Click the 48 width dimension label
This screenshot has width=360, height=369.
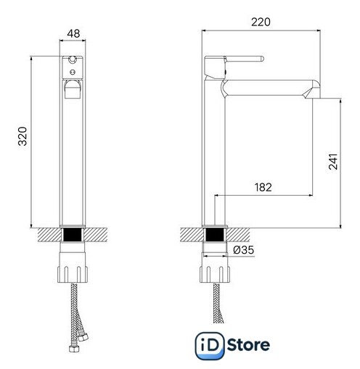pos(73,33)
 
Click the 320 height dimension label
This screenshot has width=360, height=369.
pos(22,136)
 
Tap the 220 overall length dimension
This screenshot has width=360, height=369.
pos(261,22)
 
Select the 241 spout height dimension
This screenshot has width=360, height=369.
pos(333,161)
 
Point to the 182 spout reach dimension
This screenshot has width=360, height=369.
pos(263,187)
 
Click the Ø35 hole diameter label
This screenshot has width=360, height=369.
pos(244,250)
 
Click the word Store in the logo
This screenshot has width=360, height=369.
pos(248,345)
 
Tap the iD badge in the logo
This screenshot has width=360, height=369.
pos(210,346)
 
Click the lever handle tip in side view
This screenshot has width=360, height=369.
pos(262,59)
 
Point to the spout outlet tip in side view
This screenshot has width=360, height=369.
pos(313,96)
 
